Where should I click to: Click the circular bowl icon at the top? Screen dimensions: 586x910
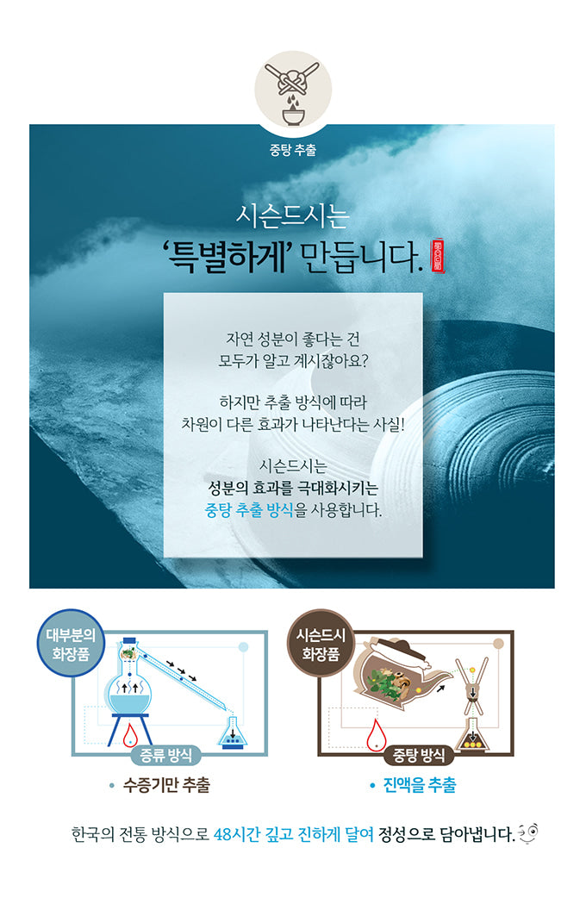(x=292, y=90)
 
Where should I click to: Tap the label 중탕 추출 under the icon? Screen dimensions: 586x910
(x=292, y=150)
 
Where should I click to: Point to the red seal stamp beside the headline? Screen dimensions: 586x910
(x=437, y=255)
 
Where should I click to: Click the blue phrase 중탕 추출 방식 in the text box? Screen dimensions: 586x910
(x=249, y=510)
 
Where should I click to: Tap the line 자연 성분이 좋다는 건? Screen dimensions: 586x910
(x=292, y=339)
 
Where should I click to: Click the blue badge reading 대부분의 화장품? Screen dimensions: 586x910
(x=71, y=643)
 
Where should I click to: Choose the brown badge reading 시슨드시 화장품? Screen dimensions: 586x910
(x=321, y=643)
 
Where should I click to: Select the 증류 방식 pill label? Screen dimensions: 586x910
(x=166, y=755)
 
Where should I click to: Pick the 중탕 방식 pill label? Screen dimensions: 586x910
(x=419, y=755)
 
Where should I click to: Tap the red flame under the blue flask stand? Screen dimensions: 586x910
(x=131, y=733)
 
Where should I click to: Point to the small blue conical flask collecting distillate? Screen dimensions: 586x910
(x=233, y=732)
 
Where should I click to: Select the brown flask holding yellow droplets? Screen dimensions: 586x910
(x=471, y=735)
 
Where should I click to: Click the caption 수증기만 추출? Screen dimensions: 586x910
(x=166, y=785)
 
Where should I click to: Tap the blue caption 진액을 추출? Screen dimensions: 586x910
(x=420, y=785)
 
